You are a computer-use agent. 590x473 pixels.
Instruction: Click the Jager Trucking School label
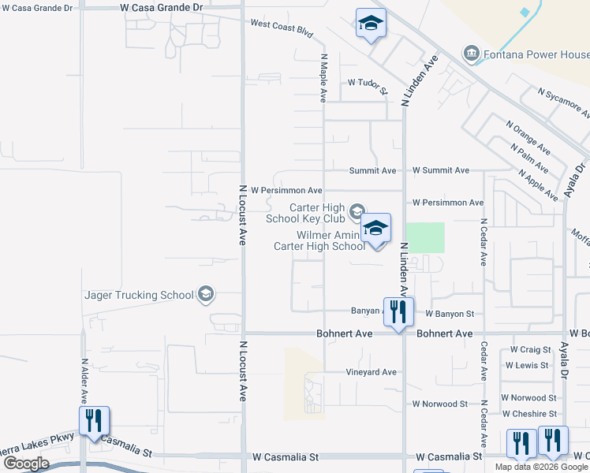[139, 295]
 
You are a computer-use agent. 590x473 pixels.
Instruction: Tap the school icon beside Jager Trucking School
[206, 295]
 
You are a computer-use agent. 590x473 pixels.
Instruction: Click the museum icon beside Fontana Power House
[472, 54]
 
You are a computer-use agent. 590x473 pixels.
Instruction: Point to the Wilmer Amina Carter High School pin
[376, 229]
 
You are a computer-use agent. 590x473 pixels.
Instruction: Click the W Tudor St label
[368, 82]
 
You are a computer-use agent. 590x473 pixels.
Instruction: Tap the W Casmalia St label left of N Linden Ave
[286, 456]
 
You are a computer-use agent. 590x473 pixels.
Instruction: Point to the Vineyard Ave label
[371, 371]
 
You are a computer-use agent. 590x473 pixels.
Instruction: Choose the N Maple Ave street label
[323, 78]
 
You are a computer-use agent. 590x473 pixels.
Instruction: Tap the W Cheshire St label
[529, 414]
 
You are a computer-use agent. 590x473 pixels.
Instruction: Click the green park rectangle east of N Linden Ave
[425, 237]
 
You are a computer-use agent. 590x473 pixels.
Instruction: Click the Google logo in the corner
[25, 463]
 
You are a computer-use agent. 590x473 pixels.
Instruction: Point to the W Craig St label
[529, 348]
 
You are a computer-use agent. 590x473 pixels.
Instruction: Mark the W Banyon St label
[449, 314]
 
